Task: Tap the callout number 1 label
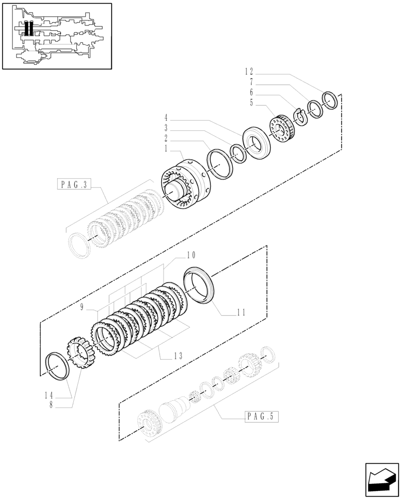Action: (166, 149)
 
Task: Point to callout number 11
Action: (241, 313)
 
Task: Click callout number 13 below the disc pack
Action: (178, 356)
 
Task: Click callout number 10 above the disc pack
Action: (191, 255)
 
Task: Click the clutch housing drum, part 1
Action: (188, 187)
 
